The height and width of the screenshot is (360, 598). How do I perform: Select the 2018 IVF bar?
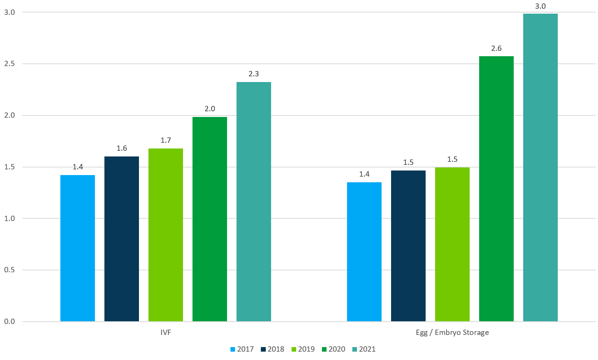click(x=121, y=239)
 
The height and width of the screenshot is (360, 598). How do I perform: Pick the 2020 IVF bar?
click(x=210, y=219)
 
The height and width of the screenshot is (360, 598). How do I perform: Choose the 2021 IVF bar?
click(x=254, y=202)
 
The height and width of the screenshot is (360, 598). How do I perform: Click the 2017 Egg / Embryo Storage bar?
click(x=364, y=252)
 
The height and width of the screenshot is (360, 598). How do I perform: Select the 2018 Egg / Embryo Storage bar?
click(x=408, y=246)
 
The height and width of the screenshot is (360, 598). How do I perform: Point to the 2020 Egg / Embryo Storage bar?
click(x=496, y=189)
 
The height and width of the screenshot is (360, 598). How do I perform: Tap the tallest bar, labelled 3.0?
click(x=540, y=167)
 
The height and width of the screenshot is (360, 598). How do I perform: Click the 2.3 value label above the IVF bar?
click(x=254, y=74)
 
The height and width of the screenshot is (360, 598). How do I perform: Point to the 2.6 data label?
click(x=496, y=49)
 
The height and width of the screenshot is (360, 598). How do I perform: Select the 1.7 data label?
click(x=166, y=141)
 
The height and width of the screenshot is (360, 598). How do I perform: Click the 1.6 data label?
click(x=121, y=148)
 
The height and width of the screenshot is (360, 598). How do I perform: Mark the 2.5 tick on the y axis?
click(x=9, y=64)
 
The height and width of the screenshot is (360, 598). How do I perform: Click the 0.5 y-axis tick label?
click(x=9, y=270)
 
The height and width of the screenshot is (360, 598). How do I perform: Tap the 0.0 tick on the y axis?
click(x=9, y=322)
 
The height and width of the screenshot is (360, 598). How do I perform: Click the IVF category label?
click(x=166, y=333)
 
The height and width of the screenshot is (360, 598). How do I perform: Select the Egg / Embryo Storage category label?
click(x=452, y=333)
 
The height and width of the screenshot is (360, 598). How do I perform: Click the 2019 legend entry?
click(x=303, y=349)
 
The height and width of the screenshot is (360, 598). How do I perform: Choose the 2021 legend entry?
click(x=364, y=349)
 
